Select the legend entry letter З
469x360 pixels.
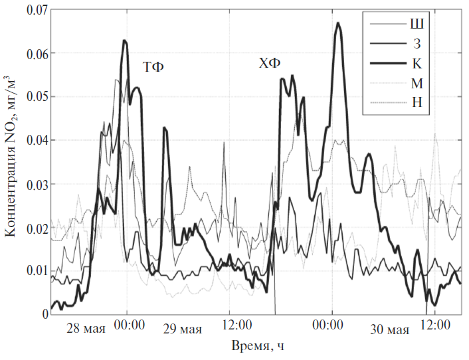click(418, 45)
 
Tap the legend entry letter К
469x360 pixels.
click(418, 64)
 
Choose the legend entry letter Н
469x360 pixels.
click(418, 103)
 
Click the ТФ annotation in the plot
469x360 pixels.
click(153, 67)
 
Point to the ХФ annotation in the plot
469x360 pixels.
click(270, 64)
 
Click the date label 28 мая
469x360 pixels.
click(86, 330)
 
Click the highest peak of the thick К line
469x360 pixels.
click(337, 23)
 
